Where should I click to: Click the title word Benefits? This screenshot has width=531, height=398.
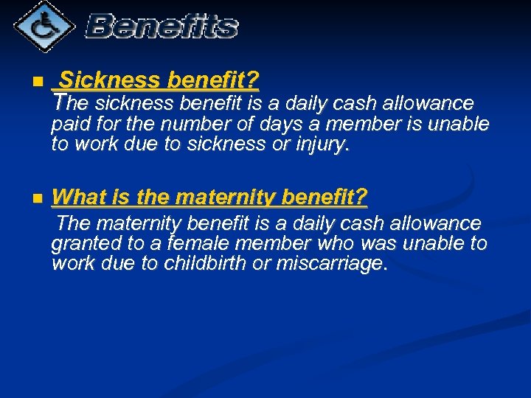pos(162,27)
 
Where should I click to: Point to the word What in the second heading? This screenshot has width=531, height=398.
pos(76,198)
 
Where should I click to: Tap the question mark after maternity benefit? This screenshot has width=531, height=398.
pos(361,198)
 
